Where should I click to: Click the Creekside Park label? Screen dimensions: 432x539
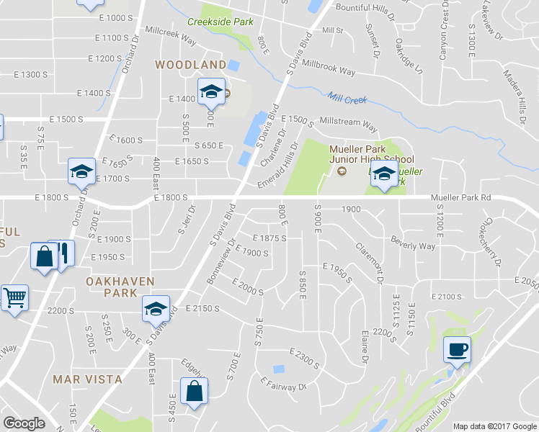click(x=220, y=22)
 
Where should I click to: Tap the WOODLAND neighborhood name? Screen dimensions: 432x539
click(x=191, y=65)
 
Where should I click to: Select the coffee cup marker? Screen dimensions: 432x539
click(x=457, y=351)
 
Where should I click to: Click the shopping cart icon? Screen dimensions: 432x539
click(x=14, y=297)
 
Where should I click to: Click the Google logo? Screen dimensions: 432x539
click(x=24, y=423)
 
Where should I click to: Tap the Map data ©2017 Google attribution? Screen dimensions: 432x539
click(x=494, y=426)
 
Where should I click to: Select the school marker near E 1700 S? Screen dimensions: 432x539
click(x=81, y=171)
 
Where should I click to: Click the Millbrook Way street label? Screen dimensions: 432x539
click(x=329, y=72)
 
